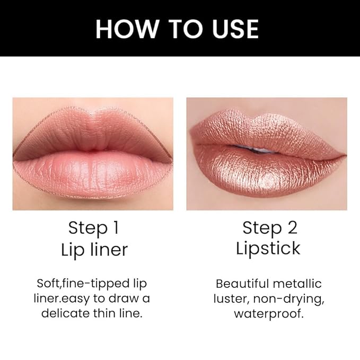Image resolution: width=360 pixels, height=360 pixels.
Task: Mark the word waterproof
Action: (268, 313)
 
